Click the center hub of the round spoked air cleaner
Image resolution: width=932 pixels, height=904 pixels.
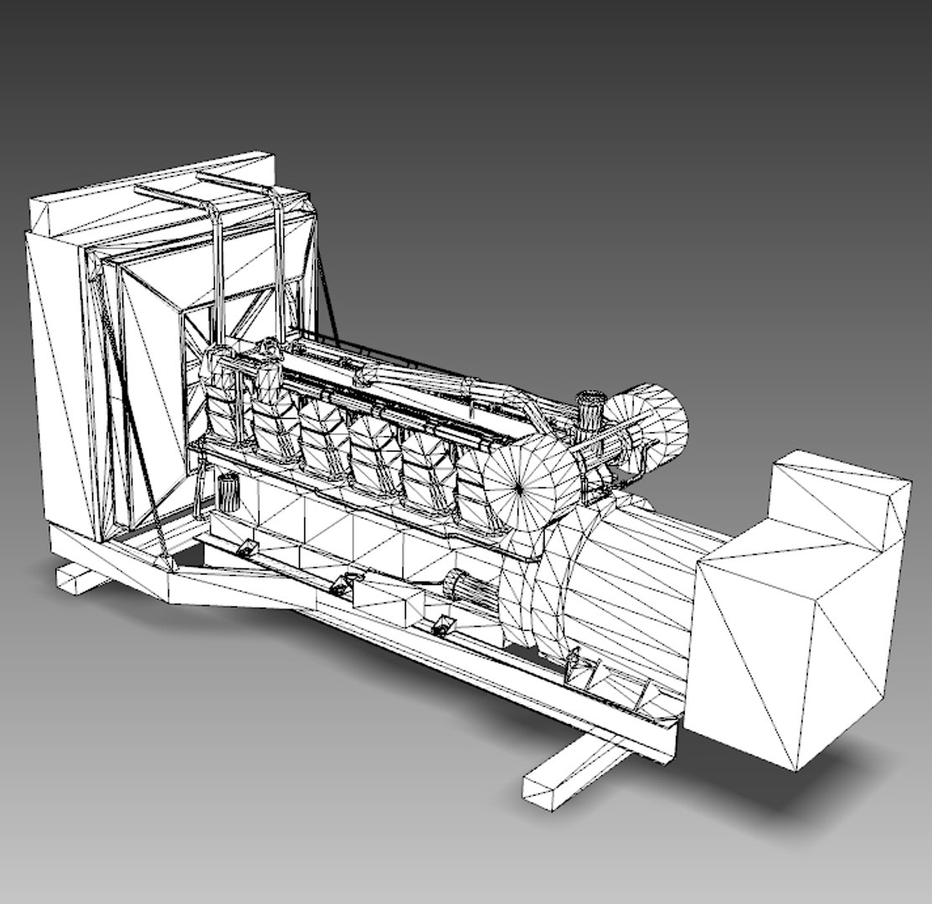pos(518,485)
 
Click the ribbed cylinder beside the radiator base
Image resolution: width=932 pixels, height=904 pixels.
pos(228,494)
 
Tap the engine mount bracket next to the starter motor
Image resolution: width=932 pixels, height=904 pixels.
pos(440,624)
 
